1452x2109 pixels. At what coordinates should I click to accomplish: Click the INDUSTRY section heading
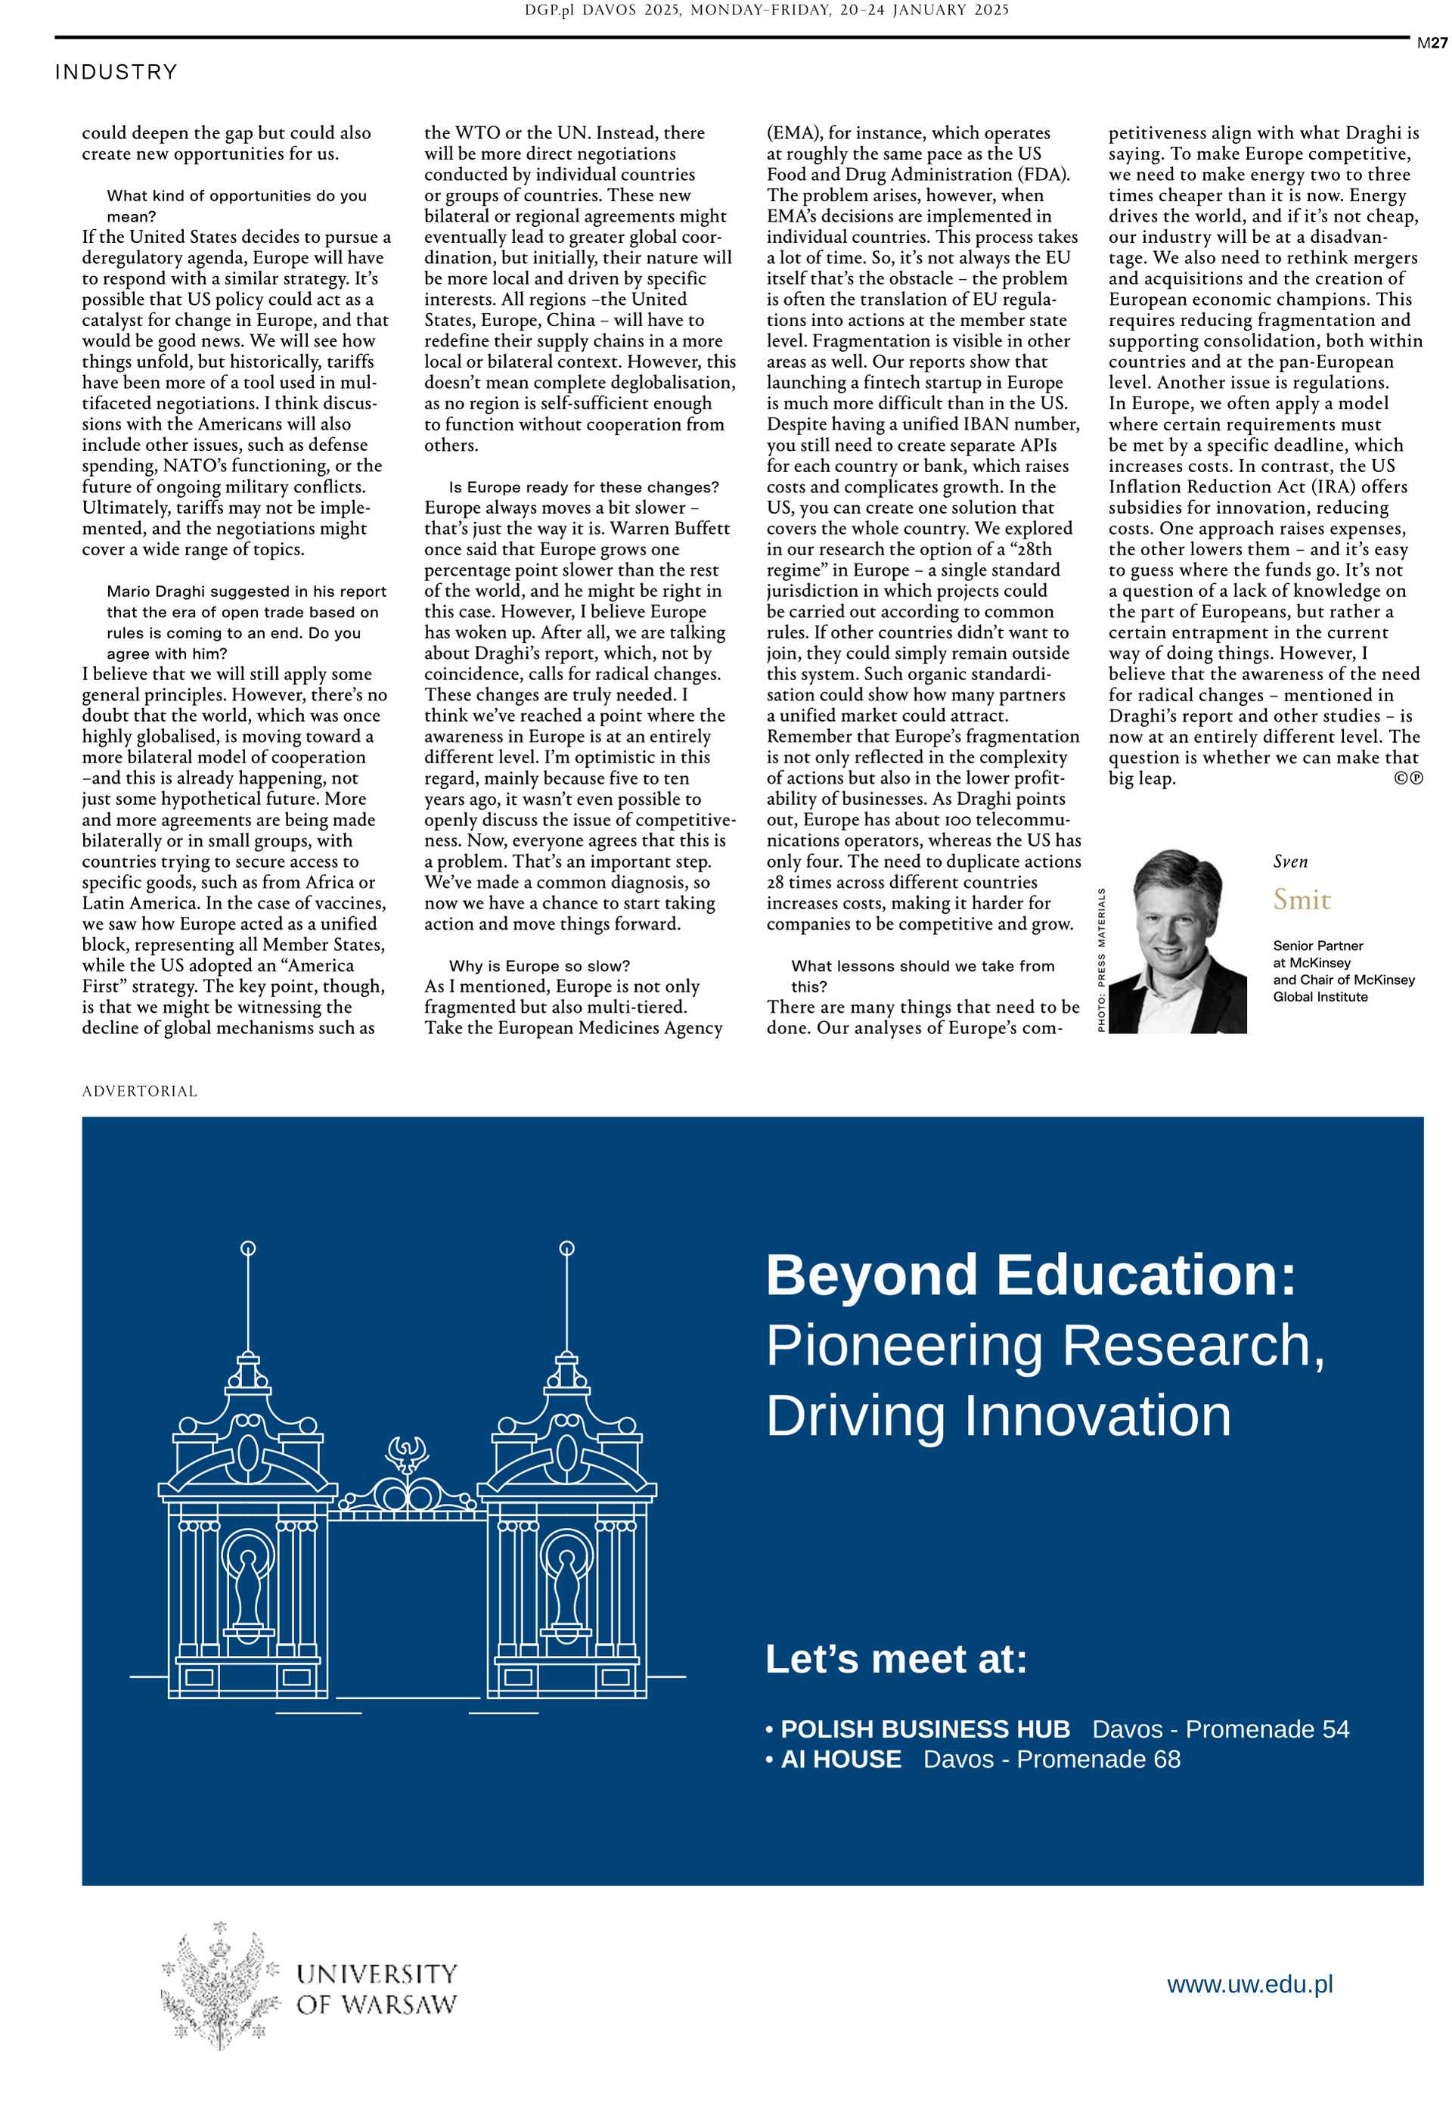click(x=116, y=72)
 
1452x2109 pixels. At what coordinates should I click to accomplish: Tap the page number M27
click(x=1432, y=43)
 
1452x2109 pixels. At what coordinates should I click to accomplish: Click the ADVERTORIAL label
click(x=139, y=1091)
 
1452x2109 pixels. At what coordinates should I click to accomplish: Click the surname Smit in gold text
click(x=1301, y=900)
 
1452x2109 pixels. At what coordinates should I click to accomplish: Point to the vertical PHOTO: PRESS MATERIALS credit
click(x=1101, y=959)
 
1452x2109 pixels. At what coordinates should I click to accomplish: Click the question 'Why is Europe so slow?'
click(x=538, y=965)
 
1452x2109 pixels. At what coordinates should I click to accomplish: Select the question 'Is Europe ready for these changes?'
click(x=583, y=486)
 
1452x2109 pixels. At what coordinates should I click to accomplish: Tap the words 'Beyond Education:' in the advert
click(x=1030, y=1275)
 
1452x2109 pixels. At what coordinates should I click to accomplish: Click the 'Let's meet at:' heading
click(x=896, y=1659)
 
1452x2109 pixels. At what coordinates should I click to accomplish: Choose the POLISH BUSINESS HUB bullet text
click(x=925, y=1729)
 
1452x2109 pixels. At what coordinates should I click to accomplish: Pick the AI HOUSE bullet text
click(x=841, y=1759)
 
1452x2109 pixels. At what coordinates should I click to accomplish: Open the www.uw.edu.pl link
click(x=1249, y=1983)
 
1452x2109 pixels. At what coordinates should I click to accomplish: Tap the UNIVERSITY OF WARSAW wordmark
click(x=376, y=1988)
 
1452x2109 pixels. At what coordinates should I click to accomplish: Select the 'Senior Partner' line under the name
click(x=1317, y=946)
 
